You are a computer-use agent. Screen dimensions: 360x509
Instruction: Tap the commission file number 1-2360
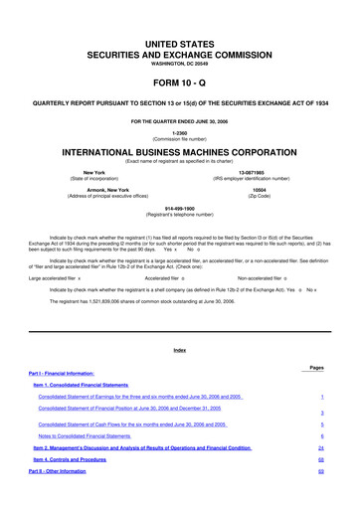click(179, 133)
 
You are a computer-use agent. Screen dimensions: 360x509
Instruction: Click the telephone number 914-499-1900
click(179, 211)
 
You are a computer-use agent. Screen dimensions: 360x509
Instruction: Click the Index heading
click(179, 351)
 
